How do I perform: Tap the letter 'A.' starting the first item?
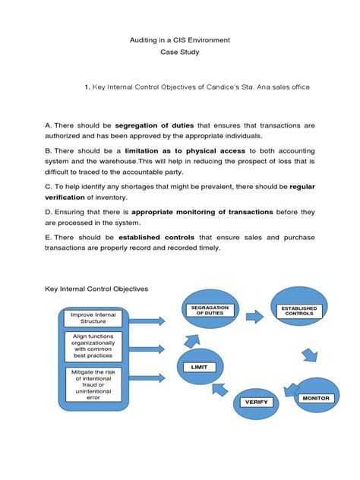(x=49, y=125)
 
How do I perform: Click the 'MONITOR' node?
(x=316, y=398)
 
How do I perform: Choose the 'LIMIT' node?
(x=199, y=368)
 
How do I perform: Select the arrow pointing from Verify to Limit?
(x=221, y=390)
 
